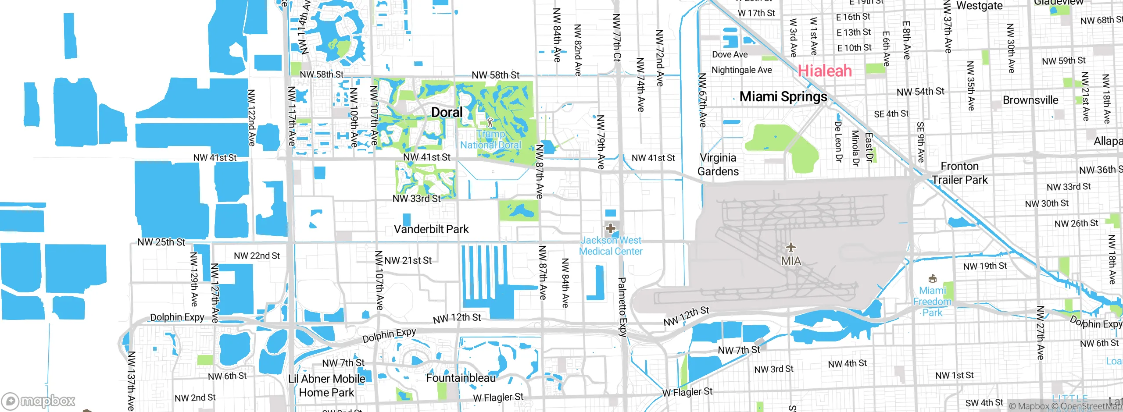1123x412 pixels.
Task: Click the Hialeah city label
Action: pyautogui.click(x=825, y=71)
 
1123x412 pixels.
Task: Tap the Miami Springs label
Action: pyautogui.click(x=783, y=97)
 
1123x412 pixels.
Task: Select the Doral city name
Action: pyautogui.click(x=447, y=113)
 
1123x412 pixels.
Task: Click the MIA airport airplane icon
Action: pyautogui.click(x=790, y=248)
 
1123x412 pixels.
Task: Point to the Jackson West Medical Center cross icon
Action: pyautogui.click(x=610, y=228)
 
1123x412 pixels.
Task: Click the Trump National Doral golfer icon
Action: pyautogui.click(x=490, y=122)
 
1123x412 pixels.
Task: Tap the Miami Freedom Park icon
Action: pyautogui.click(x=933, y=279)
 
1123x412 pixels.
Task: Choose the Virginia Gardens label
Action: pyautogui.click(x=718, y=164)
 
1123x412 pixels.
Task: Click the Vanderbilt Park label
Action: pyautogui.click(x=431, y=229)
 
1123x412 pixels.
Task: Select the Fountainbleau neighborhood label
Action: pyautogui.click(x=461, y=378)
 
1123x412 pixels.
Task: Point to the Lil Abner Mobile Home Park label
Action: pyautogui.click(x=326, y=386)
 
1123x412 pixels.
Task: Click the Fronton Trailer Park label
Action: pyautogui.click(x=960, y=173)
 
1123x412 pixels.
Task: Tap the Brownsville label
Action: pyautogui.click(x=1030, y=100)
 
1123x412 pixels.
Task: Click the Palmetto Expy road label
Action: pyautogui.click(x=622, y=307)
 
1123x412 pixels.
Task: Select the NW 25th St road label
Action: pyautogui.click(x=161, y=242)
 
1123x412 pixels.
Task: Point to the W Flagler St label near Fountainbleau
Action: pyautogui.click(x=498, y=398)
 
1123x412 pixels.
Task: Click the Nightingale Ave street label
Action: pyautogui.click(x=741, y=70)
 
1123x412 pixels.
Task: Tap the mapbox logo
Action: pyautogui.click(x=39, y=401)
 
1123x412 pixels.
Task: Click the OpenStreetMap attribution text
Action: pyautogui.click(x=1091, y=406)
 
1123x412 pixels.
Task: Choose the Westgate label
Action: pyautogui.click(x=979, y=6)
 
